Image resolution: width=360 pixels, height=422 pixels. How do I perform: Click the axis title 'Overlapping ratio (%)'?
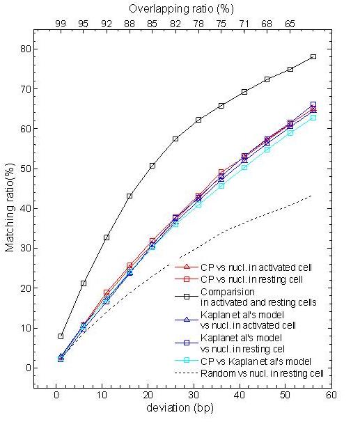click(181, 9)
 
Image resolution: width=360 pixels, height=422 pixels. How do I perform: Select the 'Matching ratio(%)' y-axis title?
click(10, 208)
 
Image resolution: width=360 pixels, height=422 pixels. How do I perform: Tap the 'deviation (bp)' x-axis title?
click(180, 408)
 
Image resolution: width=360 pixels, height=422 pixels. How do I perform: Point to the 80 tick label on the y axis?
click(26, 49)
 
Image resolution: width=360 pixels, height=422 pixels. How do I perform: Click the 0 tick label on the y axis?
click(29, 368)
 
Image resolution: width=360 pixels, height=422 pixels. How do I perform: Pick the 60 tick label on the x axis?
click(331, 395)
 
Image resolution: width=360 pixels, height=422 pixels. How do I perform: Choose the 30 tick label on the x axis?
click(194, 395)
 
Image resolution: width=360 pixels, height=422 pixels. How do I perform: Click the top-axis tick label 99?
click(61, 24)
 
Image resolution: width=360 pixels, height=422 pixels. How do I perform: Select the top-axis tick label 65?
click(290, 24)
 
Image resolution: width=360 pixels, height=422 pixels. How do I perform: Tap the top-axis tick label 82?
click(175, 24)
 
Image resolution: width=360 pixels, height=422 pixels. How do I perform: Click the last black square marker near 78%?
click(313, 57)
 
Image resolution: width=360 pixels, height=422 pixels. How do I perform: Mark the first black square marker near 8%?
click(61, 336)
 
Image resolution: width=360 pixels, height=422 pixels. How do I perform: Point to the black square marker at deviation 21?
click(152, 166)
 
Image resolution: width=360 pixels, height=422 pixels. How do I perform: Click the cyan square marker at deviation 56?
click(313, 118)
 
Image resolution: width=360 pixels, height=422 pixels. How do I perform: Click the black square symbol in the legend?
click(187, 297)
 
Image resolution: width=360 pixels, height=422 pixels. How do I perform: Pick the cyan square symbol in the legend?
click(187, 360)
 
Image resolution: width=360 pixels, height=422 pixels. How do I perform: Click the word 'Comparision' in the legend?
click(228, 292)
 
